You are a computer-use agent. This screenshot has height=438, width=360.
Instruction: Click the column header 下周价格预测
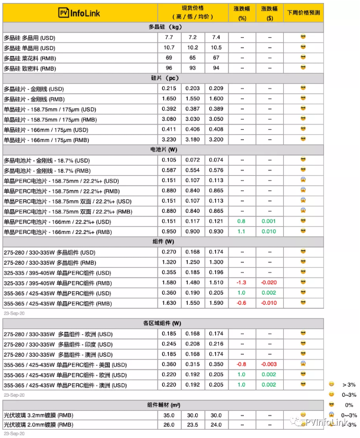pyautogui.click(x=303, y=12)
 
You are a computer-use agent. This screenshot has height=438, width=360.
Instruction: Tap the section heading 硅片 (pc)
pyautogui.click(x=165, y=78)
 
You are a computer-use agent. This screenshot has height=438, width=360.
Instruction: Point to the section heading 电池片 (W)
pyautogui.click(x=165, y=150)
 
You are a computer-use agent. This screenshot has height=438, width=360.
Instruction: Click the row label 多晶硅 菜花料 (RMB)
pyautogui.click(x=29, y=58)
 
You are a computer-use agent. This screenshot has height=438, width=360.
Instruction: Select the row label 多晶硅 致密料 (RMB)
pyautogui.click(x=29, y=68)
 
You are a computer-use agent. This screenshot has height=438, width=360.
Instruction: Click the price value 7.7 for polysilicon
pyautogui.click(x=169, y=37)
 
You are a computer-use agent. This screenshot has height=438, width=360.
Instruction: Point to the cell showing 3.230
pyautogui.click(x=169, y=140)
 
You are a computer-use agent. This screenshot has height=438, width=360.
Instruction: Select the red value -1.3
pyautogui.click(x=241, y=283)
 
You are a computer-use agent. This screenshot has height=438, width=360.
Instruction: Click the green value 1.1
pyautogui.click(x=241, y=232)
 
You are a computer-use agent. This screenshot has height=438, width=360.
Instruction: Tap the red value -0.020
pyautogui.click(x=270, y=283)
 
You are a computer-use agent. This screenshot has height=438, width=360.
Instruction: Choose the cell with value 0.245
pyautogui.click(x=169, y=344)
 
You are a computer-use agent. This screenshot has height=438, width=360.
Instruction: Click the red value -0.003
pyautogui.click(x=270, y=364)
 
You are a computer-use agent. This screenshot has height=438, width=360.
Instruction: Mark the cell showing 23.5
pyautogui.click(x=192, y=424)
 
